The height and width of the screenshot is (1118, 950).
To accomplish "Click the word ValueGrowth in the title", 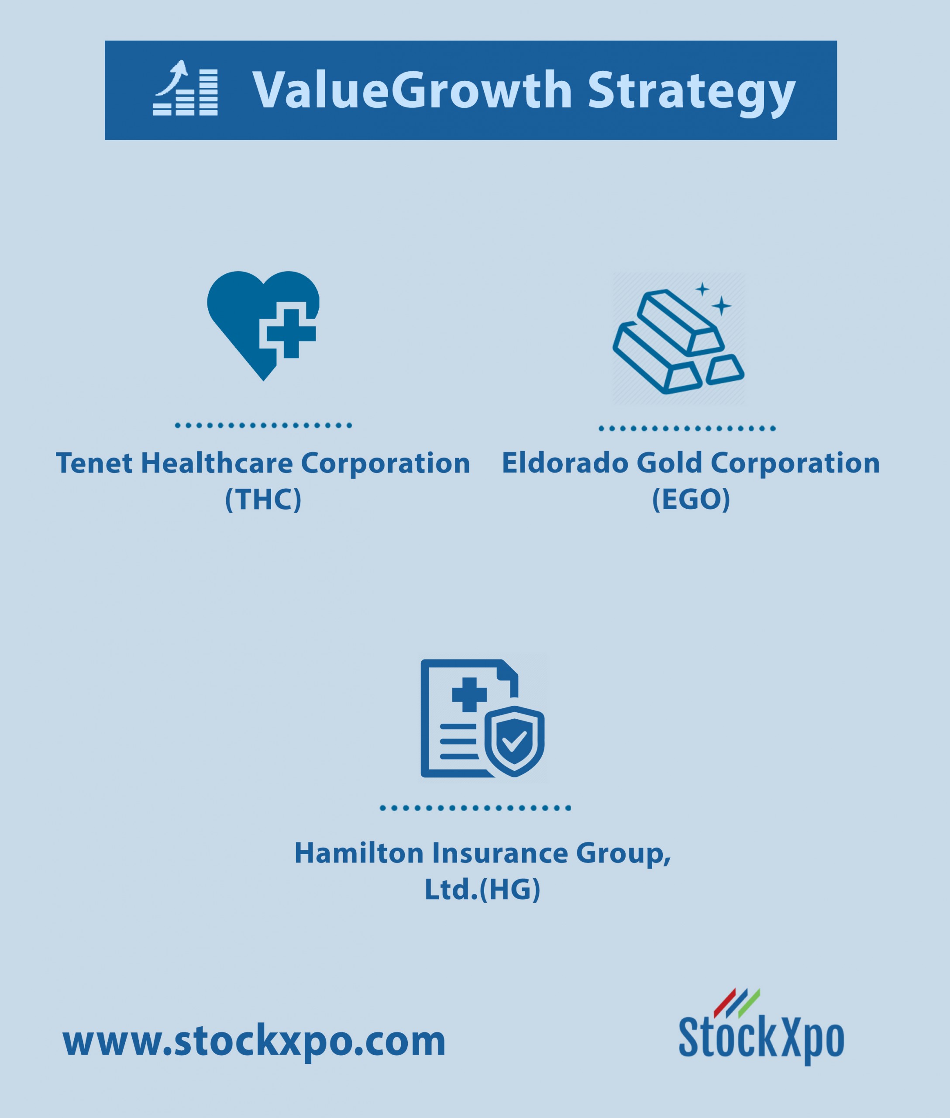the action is [412, 90].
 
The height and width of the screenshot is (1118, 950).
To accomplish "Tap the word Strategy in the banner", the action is [691, 93].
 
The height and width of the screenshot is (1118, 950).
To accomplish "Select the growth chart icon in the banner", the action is [185, 88].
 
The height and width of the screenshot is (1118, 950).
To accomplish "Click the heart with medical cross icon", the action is [263, 326].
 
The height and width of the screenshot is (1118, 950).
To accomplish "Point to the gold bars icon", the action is [678, 341].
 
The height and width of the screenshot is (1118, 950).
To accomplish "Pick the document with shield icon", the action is [482, 718].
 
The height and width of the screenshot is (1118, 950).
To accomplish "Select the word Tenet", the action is [94, 463].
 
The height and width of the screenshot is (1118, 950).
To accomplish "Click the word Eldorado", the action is [565, 463].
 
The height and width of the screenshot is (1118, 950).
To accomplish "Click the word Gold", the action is [669, 463].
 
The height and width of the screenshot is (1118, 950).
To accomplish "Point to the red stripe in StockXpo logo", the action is [725, 1003].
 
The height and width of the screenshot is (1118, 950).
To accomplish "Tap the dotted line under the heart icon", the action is [263, 425].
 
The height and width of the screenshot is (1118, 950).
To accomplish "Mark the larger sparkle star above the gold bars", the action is [722, 306].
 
